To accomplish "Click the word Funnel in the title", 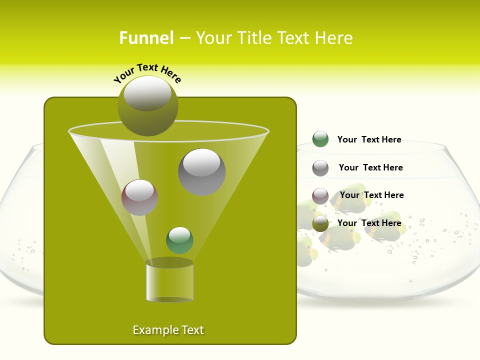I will [146, 38].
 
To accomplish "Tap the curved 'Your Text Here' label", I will [147, 72].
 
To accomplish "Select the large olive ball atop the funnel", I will [148, 106].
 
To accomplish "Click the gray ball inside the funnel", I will [201, 172].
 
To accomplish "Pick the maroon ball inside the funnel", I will [139, 197].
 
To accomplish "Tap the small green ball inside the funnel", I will [179, 240].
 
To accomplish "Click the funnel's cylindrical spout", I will [169, 280].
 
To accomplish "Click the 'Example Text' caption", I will [168, 330].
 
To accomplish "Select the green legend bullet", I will [320, 139].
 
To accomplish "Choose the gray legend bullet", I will [320, 168].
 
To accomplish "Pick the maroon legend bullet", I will [320, 196].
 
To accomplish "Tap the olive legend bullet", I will [320, 223].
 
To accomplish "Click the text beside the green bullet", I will [369, 139].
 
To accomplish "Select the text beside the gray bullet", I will [370, 167].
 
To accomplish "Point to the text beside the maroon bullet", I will [371, 195].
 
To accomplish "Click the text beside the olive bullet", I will [369, 223].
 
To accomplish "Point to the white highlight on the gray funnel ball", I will [201, 162].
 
